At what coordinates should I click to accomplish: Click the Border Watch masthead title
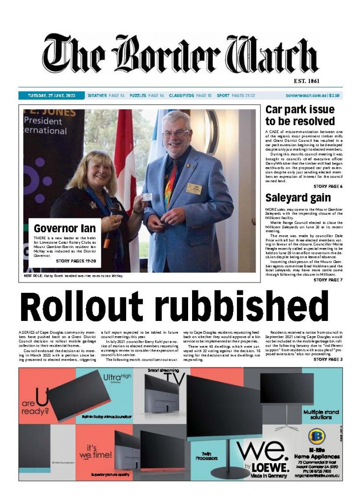click(x=180, y=55)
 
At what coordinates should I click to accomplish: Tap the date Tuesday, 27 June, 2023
click(x=48, y=95)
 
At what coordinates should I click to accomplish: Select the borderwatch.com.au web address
click(x=305, y=95)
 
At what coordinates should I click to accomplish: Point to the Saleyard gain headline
click(x=291, y=198)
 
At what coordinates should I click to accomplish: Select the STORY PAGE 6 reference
click(x=327, y=187)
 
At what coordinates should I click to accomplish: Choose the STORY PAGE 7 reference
click(x=327, y=280)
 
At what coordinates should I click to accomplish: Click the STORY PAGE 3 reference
click(x=327, y=359)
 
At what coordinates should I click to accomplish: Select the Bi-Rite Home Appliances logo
click(x=315, y=437)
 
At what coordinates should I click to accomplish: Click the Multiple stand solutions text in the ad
click(x=322, y=414)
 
